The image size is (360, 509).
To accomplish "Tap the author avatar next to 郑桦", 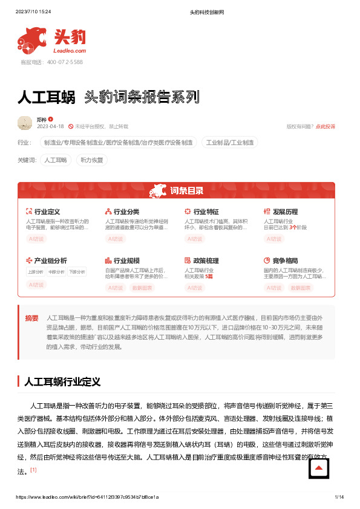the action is coord(25,123).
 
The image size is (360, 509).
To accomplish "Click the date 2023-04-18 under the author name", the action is coord(51,126).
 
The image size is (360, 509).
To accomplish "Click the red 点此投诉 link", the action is coord(325,126).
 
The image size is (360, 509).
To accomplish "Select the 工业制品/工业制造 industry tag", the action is coord(230,143).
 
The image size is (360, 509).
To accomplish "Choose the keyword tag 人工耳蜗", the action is coord(56,160).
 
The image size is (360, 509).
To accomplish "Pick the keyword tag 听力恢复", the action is coord(92,160).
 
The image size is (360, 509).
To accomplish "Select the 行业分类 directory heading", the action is coord(126,212).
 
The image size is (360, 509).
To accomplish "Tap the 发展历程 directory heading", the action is coord(285,212).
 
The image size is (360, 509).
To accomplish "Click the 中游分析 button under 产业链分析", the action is coord(56,272).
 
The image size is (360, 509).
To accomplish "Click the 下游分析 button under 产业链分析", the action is coord(77,272).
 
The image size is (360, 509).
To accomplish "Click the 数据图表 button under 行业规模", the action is coord(143,288).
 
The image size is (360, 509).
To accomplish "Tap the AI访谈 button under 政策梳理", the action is coord(194,288).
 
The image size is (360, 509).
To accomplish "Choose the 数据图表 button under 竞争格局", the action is coord(301,288).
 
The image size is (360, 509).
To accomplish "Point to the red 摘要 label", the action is coord(32,317).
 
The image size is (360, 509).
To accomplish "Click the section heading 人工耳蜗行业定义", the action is coord(61,382).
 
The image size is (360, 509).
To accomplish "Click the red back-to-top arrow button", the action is coord(319,468).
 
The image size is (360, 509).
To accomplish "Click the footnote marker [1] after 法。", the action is coord(34,470).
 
